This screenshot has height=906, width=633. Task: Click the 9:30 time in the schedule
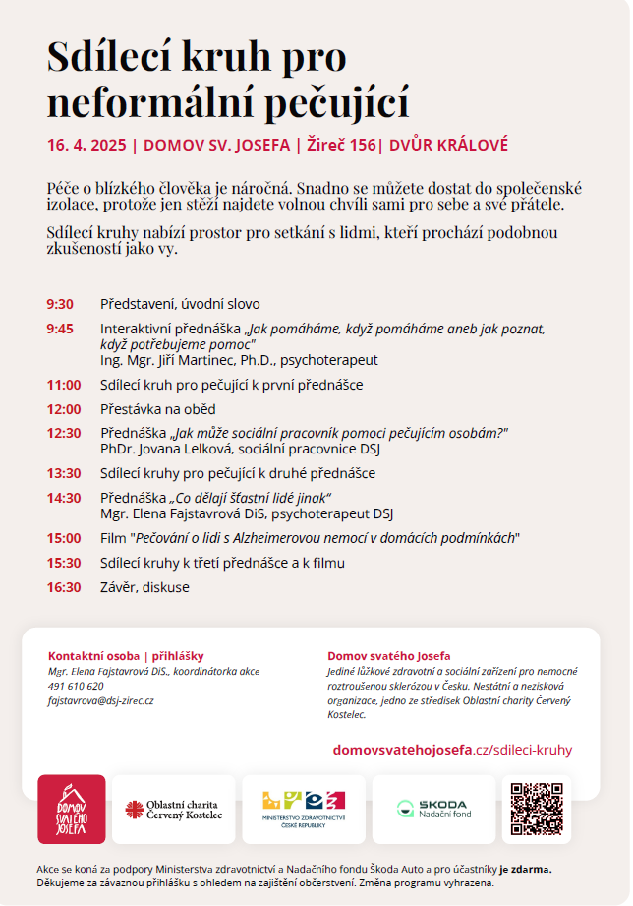[x=59, y=304]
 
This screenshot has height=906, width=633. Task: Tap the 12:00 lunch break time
[x=63, y=409]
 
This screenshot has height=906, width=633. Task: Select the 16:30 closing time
[x=63, y=587]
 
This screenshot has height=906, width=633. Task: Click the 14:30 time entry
[x=63, y=498]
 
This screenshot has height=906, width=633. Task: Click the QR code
[x=536, y=809]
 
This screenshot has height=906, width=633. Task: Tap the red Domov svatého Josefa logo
[x=72, y=809]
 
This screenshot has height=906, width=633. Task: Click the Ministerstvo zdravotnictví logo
[x=303, y=809]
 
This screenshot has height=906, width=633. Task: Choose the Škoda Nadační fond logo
[x=433, y=809]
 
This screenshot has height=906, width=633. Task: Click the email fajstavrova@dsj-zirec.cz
[x=101, y=700]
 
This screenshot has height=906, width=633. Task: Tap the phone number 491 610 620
[x=76, y=686]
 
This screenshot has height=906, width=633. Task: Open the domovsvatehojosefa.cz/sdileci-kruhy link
[x=452, y=750]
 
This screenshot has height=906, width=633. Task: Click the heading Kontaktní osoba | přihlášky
[x=126, y=656]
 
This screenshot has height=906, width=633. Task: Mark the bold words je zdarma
[x=525, y=869]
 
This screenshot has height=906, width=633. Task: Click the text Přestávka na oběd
[x=157, y=409]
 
